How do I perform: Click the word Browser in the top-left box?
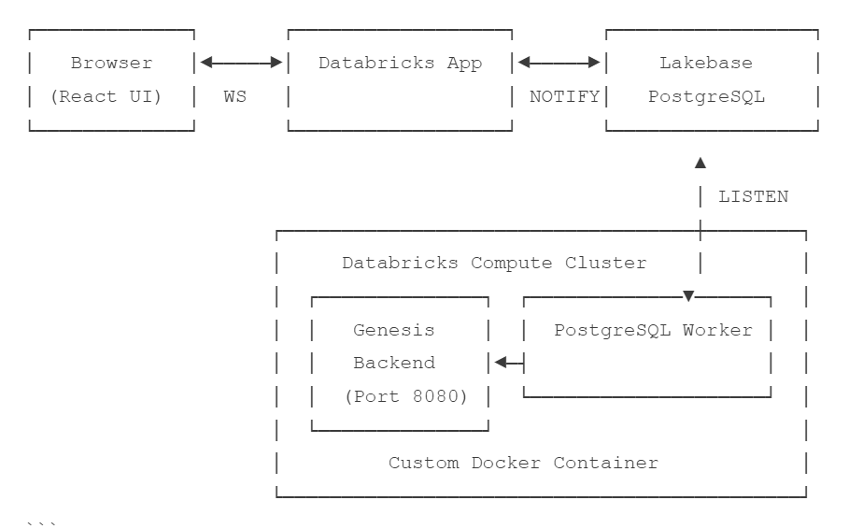point(111,64)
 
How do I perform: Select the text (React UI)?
point(111,96)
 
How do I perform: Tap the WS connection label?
point(235,96)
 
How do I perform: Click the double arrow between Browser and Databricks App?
point(241,64)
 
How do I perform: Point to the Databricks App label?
point(400,64)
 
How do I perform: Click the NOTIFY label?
point(564,96)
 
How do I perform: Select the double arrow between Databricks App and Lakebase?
point(559,64)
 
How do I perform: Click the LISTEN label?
point(753,196)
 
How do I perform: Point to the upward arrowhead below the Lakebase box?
point(700,164)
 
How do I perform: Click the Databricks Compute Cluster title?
point(494,263)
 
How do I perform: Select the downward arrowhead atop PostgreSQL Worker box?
point(689,296)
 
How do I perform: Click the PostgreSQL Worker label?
point(653,330)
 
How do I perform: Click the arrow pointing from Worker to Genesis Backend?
point(508,363)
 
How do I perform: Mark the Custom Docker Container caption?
point(523,463)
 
